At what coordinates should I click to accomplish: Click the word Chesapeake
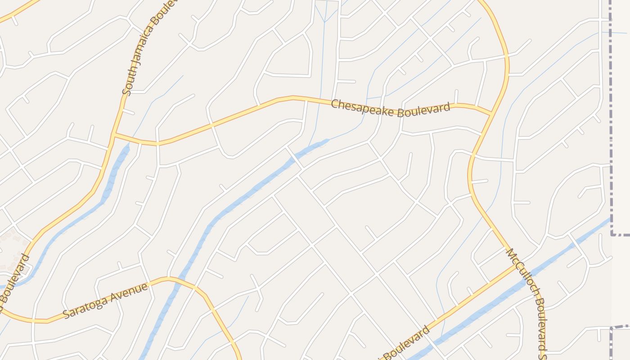tap(364, 107)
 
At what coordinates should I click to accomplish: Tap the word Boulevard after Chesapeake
tap(424, 110)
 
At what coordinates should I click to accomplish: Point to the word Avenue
tap(133, 289)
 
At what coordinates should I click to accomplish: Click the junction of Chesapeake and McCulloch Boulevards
tap(491, 113)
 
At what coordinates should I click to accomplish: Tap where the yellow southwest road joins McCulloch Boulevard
tap(516, 265)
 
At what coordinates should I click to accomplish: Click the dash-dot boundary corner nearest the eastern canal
tap(612, 234)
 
